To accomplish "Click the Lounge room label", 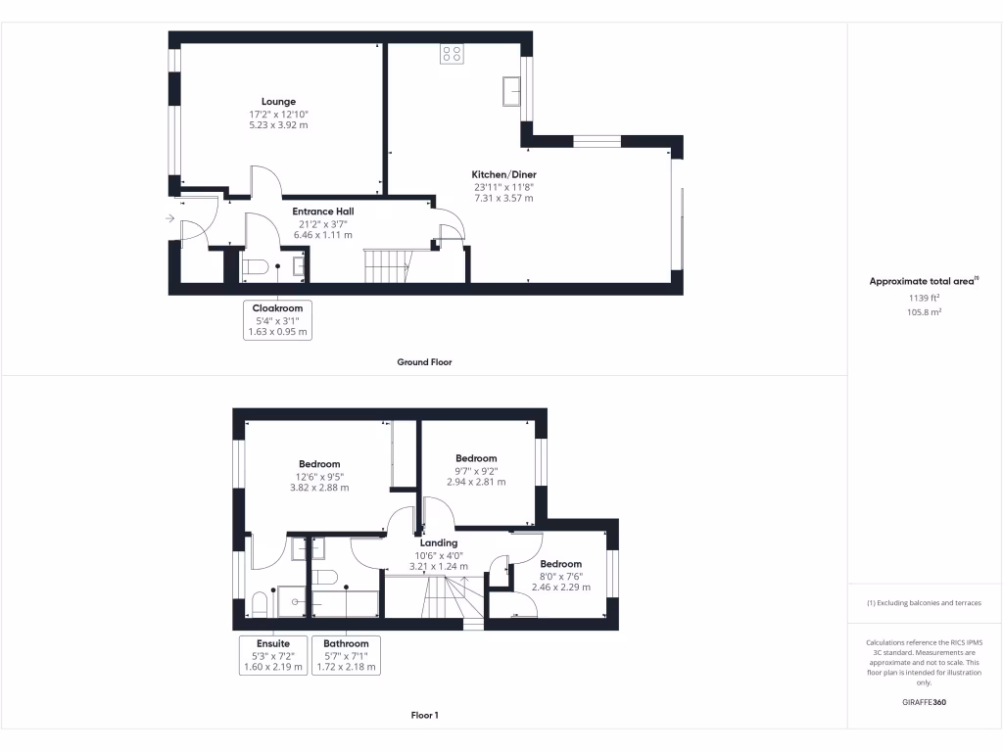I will pos(278,102).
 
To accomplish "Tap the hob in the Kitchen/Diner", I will pos(452,54).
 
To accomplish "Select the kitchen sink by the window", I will pos(511,91).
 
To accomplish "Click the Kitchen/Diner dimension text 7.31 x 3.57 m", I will pos(504,199).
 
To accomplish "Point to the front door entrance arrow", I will pos(171,218).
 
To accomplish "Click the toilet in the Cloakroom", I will pos(255,267).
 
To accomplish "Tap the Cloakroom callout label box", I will pos(277,320).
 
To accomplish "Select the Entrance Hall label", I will pos(323,211).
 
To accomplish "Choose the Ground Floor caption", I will pos(424,362).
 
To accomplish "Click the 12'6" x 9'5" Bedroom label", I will pos(319,464).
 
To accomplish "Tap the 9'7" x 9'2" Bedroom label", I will pos(476,458).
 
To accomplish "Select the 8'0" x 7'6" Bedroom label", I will pos(560,564).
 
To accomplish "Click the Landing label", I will pos(439,542).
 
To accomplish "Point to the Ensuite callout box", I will pos(273,655).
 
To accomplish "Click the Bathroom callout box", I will pos(345,655).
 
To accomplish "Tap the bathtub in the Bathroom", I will pos(345,603).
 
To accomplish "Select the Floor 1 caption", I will pos(424,716).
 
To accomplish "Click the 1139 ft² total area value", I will pos(925,298).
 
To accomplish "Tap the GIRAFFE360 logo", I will pos(925,702).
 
